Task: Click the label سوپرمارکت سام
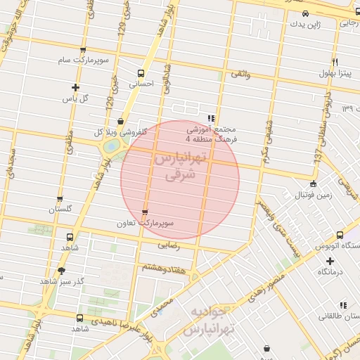tap(84, 61)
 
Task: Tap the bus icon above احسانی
tap(141, 72)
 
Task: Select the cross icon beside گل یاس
tap(75, 87)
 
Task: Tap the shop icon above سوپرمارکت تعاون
tap(145, 212)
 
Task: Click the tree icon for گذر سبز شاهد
tap(61, 271)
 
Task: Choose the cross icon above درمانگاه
tap(330, 261)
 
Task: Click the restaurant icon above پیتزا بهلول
tap(334, 62)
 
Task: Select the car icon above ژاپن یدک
tap(305, 13)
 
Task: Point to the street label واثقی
tap(240, 74)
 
